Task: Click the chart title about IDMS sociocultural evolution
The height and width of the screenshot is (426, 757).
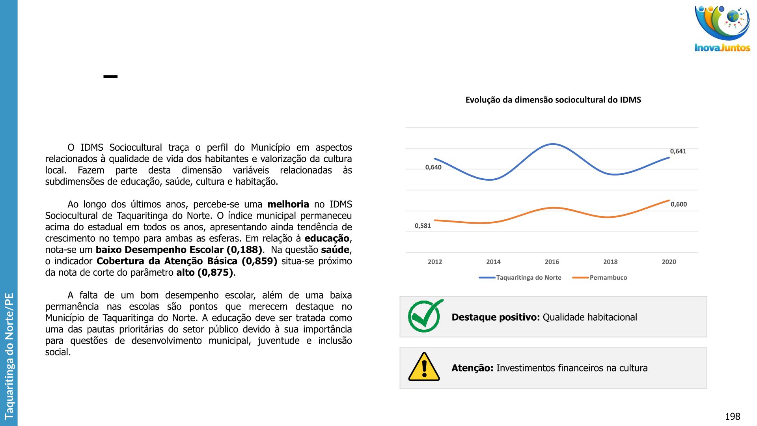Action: click(553, 100)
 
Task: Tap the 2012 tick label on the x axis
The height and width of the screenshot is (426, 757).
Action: click(435, 262)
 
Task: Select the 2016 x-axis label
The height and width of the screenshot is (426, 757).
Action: click(552, 262)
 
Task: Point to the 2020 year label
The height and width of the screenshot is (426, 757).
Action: click(669, 262)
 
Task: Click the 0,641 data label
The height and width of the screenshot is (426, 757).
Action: click(678, 151)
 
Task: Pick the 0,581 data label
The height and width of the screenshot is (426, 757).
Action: click(423, 226)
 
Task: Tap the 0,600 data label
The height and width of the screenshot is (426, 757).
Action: click(679, 204)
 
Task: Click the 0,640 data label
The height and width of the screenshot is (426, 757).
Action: click(433, 167)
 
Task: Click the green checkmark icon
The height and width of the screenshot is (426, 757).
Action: click(425, 316)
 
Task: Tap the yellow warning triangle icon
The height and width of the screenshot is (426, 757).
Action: click(424, 367)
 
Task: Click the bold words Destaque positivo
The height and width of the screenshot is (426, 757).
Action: click(496, 317)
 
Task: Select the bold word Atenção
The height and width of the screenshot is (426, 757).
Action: click(472, 368)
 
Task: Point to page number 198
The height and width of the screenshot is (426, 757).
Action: click(732, 416)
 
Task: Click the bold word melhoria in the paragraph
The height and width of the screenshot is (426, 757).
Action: click(288, 204)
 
